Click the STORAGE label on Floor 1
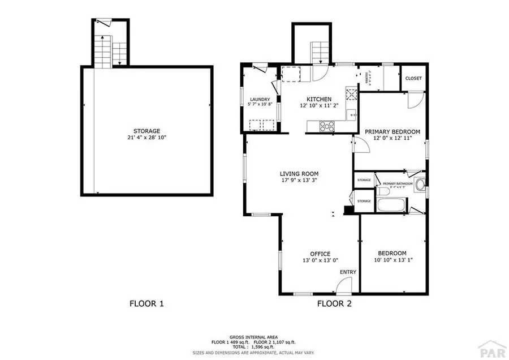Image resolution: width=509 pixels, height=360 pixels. (146, 131)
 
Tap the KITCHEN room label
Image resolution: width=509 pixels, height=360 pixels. (319, 99)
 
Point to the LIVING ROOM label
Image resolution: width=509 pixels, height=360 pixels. (299, 174)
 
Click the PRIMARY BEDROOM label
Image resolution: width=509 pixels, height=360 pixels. (392, 131)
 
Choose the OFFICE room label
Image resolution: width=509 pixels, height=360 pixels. (320, 254)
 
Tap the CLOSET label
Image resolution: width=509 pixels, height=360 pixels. (413, 78)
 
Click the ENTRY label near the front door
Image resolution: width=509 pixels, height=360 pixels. (348, 272)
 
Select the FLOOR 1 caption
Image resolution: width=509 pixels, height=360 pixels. (146, 304)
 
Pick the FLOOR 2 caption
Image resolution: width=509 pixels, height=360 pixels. (334, 304)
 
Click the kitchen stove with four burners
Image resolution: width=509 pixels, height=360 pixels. (327, 126)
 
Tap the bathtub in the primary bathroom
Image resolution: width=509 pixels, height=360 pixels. (391, 204)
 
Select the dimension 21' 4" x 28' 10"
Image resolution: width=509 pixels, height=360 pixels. (146, 138)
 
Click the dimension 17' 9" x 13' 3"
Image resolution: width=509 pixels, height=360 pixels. (299, 181)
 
